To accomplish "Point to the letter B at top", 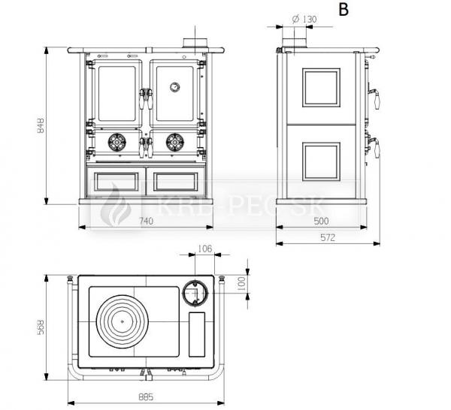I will tap(344, 10).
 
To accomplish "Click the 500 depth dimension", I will tap(322, 221).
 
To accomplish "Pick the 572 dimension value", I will tap(326, 238).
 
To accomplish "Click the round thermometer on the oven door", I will tap(174, 86).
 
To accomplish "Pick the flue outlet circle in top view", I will tap(196, 291).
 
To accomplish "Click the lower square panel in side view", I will tap(322, 160).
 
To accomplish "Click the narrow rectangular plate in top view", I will tap(197, 335).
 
